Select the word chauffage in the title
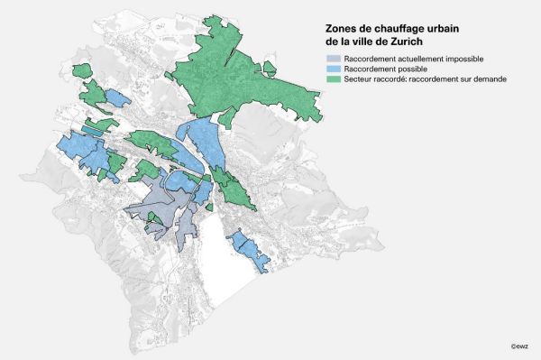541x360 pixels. (399, 28)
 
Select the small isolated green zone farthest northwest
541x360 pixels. (82, 69)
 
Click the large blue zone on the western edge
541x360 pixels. (81, 149)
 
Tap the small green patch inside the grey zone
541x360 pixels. (154, 217)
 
